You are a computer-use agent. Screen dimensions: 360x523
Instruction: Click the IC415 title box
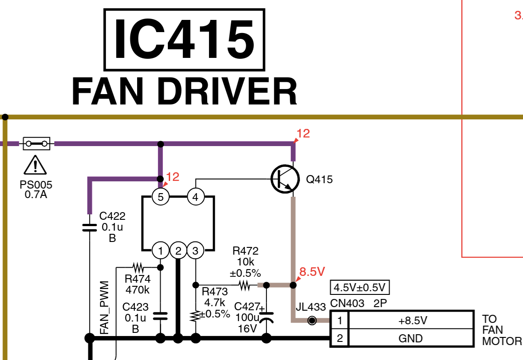click(x=184, y=40)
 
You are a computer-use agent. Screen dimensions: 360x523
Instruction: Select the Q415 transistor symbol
click(x=285, y=179)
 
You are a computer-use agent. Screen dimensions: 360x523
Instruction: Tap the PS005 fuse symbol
click(x=37, y=144)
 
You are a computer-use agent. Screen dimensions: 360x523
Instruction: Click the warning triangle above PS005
click(x=35, y=166)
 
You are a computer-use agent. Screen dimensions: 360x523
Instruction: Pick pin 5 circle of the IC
click(x=160, y=197)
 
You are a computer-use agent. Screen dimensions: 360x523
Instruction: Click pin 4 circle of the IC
click(x=195, y=197)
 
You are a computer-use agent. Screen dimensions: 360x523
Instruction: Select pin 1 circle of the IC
click(x=160, y=250)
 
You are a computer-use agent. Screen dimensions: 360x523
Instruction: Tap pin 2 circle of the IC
click(x=178, y=250)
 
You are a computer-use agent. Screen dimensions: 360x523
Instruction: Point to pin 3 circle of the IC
click(x=195, y=250)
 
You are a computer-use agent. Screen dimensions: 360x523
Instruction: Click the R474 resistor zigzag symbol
click(x=138, y=266)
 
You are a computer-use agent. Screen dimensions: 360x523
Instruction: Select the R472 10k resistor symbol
click(x=244, y=285)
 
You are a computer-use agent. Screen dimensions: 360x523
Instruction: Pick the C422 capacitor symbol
click(x=90, y=227)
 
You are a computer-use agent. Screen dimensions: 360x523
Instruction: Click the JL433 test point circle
click(x=312, y=321)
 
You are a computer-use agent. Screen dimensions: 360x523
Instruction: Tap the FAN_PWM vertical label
click(x=105, y=308)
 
